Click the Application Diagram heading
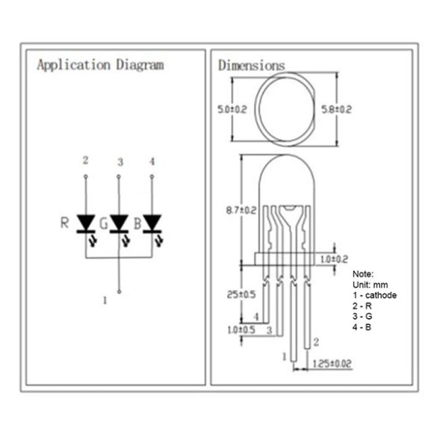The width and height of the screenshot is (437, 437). pos(100,65)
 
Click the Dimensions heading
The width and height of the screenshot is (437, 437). pos(251,66)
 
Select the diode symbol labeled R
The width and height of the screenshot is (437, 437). pos(86,223)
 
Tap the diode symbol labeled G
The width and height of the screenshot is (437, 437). pos(119,223)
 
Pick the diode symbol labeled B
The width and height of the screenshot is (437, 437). pos(152,223)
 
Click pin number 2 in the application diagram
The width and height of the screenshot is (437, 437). pos(85,161)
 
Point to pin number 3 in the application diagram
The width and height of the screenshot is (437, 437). pos(119,162)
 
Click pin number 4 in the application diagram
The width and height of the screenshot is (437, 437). pos(152,161)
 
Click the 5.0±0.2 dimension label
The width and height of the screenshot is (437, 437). pos(233,109)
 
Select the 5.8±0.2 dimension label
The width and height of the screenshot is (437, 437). pos(336,109)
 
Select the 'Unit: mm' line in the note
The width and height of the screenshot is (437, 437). pos(370,285)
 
